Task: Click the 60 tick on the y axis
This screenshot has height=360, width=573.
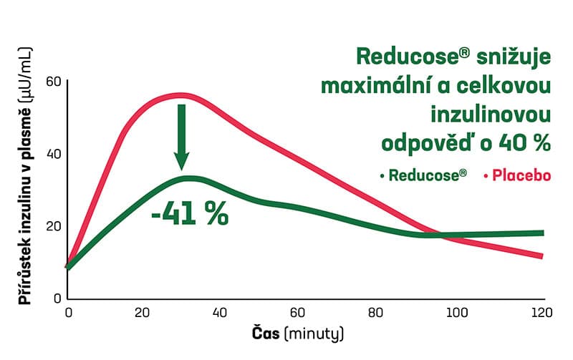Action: tap(54, 80)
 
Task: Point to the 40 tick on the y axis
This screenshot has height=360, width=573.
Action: tap(54, 153)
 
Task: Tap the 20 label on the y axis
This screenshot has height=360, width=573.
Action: tap(54, 226)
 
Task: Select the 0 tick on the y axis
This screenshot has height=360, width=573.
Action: tap(58, 298)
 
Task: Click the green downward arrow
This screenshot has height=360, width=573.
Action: tap(181, 136)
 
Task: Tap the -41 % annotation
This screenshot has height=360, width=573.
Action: tap(190, 213)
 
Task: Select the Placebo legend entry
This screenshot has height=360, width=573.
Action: tap(516, 175)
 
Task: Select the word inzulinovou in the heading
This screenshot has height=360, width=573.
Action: tap(490, 114)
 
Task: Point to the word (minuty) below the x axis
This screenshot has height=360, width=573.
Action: tap(314, 334)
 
